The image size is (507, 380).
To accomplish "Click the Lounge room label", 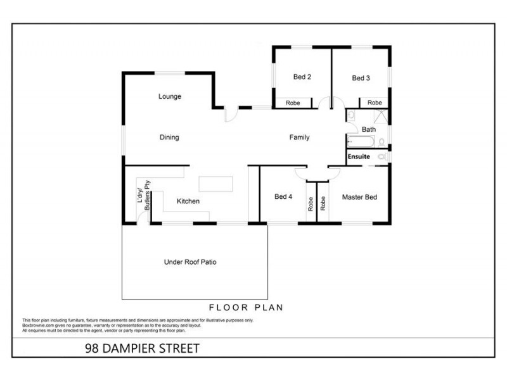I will point(170,97).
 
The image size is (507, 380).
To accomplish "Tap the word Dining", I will point(169,137).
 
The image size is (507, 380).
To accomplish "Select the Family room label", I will point(299,137).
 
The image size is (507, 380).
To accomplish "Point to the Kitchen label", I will point(188,201).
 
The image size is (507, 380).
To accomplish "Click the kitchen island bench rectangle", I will point(216,184).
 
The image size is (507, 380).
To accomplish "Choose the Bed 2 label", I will point(302,78).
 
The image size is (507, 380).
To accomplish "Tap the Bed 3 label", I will point(361,79).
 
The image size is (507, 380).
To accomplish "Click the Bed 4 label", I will point(283,197).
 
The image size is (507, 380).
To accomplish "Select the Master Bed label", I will point(359,197).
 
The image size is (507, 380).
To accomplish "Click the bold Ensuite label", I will point(358,156).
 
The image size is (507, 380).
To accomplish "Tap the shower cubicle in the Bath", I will point(381,117).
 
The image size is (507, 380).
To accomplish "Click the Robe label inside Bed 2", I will point(293,103).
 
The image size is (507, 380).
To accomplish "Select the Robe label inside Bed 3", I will point(375,103).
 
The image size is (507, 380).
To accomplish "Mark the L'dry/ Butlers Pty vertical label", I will point(143,196).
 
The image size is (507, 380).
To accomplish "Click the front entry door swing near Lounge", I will point(232,113).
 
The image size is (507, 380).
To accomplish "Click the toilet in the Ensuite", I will point(382,156).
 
